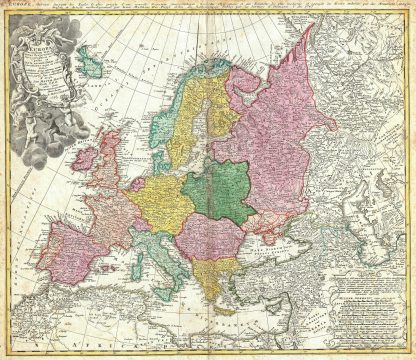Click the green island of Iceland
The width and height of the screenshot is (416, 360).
point(93,66)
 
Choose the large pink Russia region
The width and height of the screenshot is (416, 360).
point(300,140)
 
